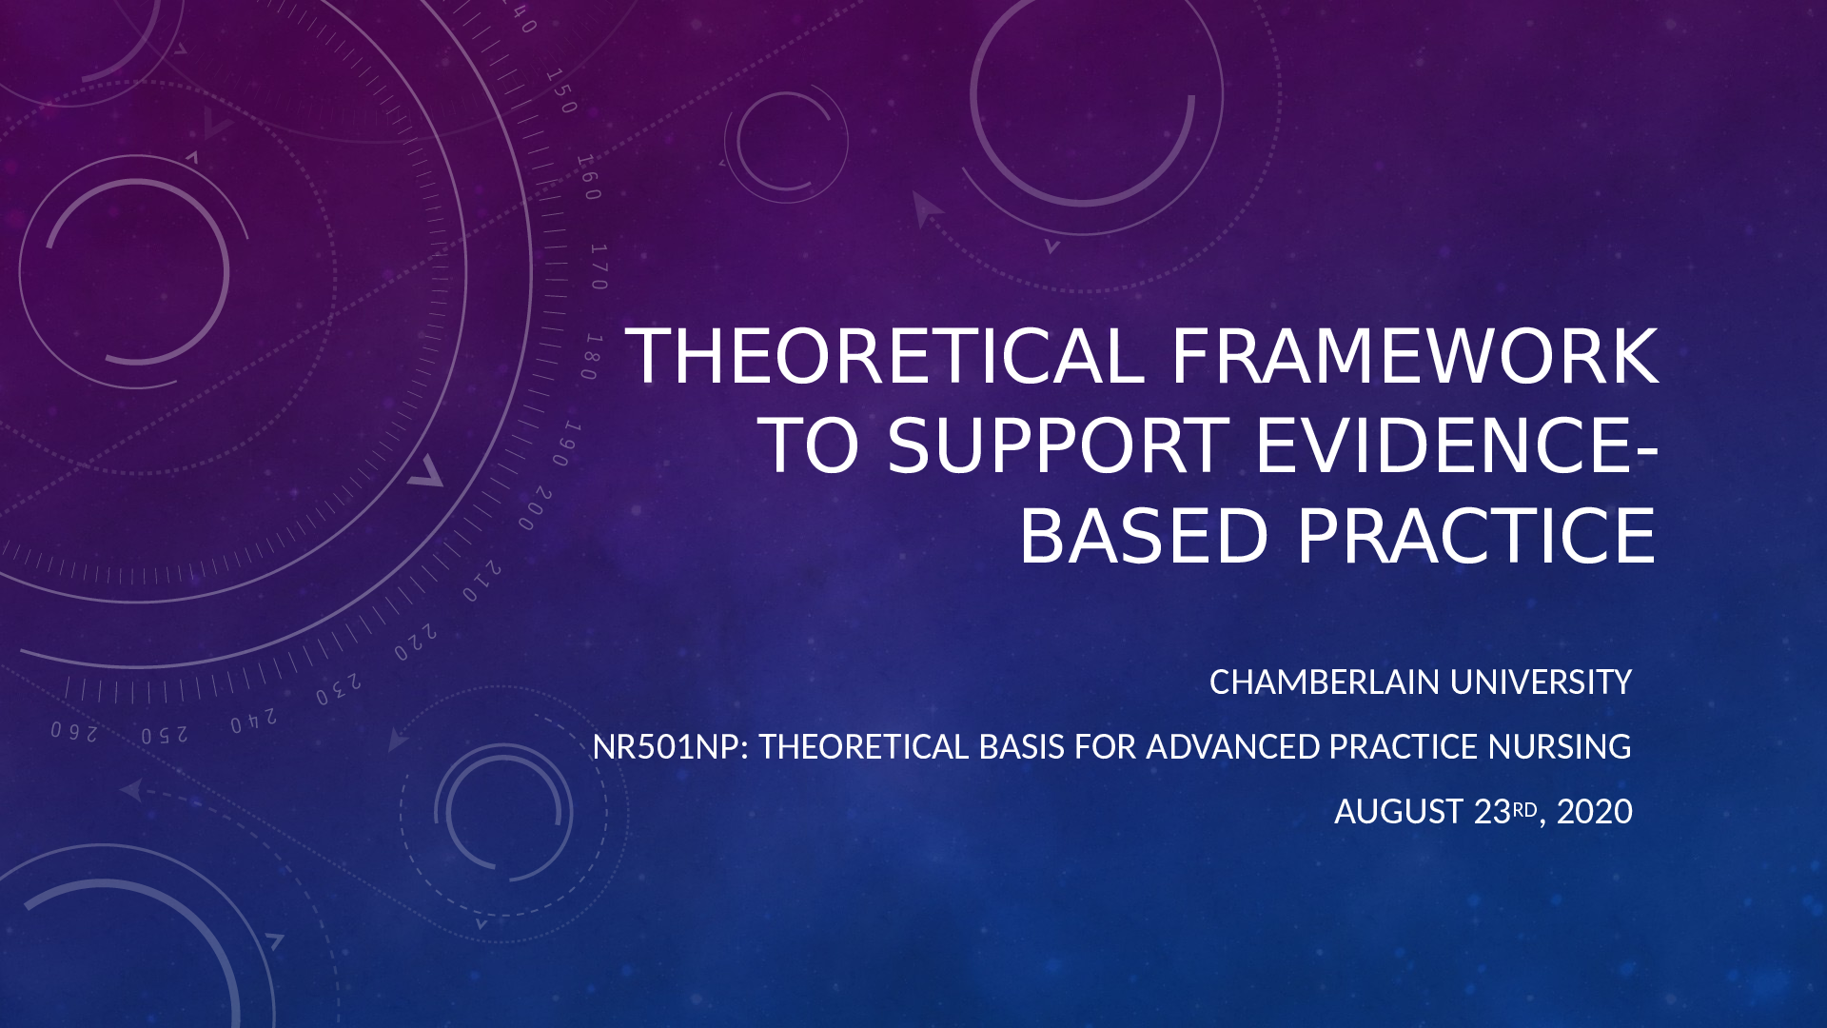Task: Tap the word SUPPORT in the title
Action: (1058, 445)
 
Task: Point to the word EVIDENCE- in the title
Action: (1457, 445)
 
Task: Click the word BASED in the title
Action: (1145, 535)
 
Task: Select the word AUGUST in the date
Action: (1399, 812)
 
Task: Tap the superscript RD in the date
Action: (1524, 809)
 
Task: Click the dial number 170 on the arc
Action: (599, 267)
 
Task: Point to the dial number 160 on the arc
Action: (589, 177)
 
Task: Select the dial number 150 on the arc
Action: (561, 90)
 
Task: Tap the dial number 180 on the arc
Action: (592, 357)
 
